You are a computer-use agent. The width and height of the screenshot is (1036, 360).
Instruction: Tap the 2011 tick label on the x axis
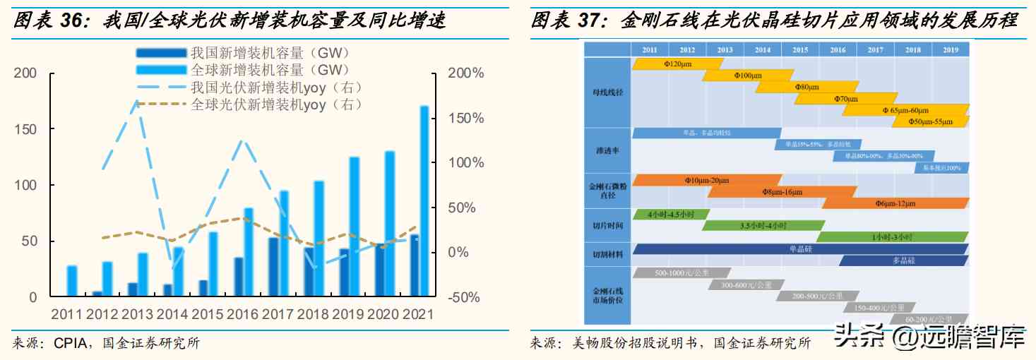pos(66,313)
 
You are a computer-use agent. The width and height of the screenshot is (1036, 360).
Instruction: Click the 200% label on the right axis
pos(466,73)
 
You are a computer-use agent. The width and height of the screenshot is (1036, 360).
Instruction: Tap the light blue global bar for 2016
pos(249,252)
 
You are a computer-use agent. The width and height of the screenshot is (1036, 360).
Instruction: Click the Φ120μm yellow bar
pos(677,64)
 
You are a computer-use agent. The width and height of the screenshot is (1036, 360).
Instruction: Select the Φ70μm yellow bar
pos(845,99)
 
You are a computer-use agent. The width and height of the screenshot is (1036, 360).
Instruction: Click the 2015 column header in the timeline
pos(799,50)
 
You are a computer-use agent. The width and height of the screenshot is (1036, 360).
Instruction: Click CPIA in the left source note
pos(69,344)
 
